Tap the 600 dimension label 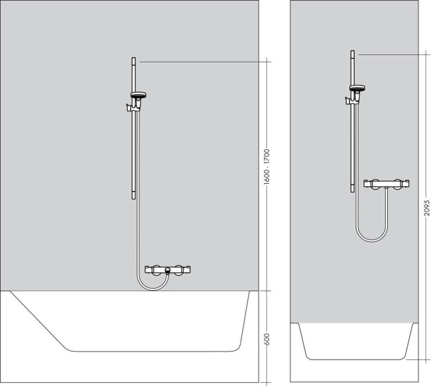267,338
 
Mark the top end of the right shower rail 352,52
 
